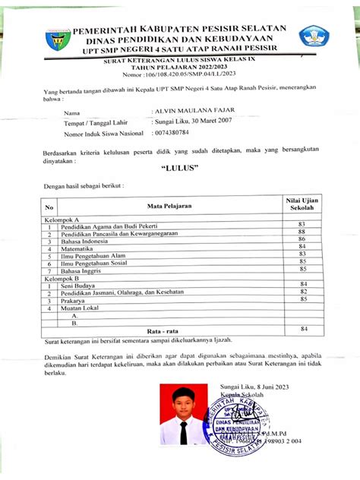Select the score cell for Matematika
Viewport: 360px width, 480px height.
(x=302, y=247)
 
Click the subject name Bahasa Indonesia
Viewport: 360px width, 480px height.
(x=87, y=239)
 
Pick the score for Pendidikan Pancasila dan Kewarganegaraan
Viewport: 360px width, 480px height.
(x=302, y=232)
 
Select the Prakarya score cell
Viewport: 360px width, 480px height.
(x=302, y=299)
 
